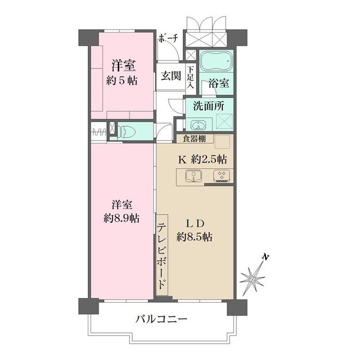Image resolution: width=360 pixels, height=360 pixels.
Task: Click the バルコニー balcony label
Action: [160, 319]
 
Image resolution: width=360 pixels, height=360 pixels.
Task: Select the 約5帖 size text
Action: [122, 80]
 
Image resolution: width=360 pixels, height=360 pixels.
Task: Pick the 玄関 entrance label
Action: [170, 76]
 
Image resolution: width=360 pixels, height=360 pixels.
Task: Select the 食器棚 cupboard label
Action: [193, 138]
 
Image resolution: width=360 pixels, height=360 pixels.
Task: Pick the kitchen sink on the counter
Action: [193, 176]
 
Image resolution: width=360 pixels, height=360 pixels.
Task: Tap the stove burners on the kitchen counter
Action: [220, 175]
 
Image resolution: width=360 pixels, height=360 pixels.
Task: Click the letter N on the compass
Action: [266, 257]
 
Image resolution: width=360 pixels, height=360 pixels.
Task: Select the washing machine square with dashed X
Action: [224, 122]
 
